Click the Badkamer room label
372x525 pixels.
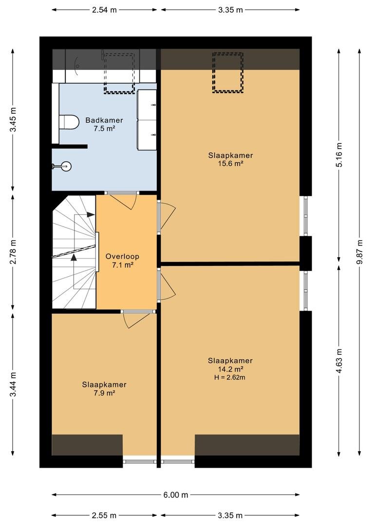(104, 120)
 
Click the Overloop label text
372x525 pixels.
(122, 257)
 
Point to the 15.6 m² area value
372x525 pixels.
(230, 164)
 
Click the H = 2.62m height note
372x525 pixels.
(230, 377)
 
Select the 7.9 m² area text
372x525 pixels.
(104, 393)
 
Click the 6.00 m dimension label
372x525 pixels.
(176, 494)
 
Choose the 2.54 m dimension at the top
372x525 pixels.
(104, 10)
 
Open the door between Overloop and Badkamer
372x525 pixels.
(122, 200)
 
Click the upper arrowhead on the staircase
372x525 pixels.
(90, 215)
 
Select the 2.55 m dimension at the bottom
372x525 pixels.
(104, 515)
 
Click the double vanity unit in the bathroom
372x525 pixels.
(147, 120)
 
